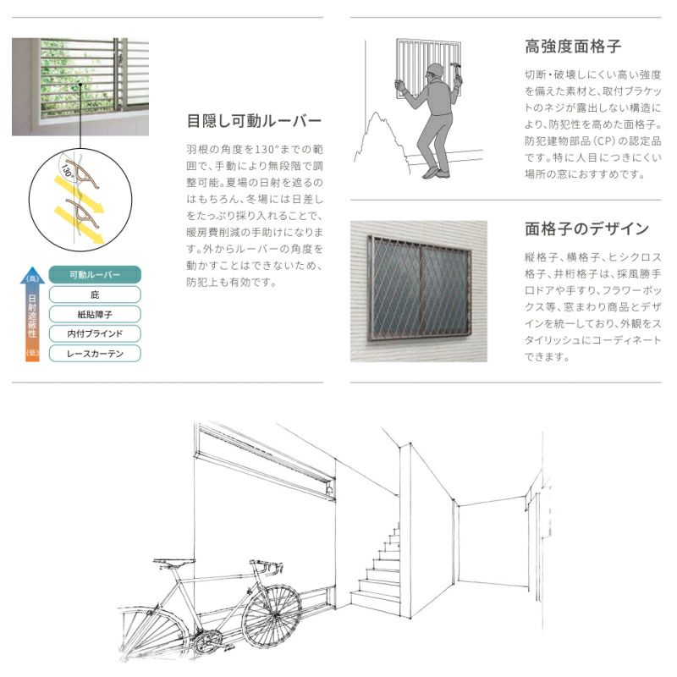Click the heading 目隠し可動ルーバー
254,119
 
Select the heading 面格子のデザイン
586,228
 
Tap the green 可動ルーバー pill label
94,275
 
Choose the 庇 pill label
94,294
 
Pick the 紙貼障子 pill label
94,314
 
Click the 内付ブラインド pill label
94,333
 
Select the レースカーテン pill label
94,353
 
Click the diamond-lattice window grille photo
420,289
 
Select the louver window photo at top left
80,86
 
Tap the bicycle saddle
171,561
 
